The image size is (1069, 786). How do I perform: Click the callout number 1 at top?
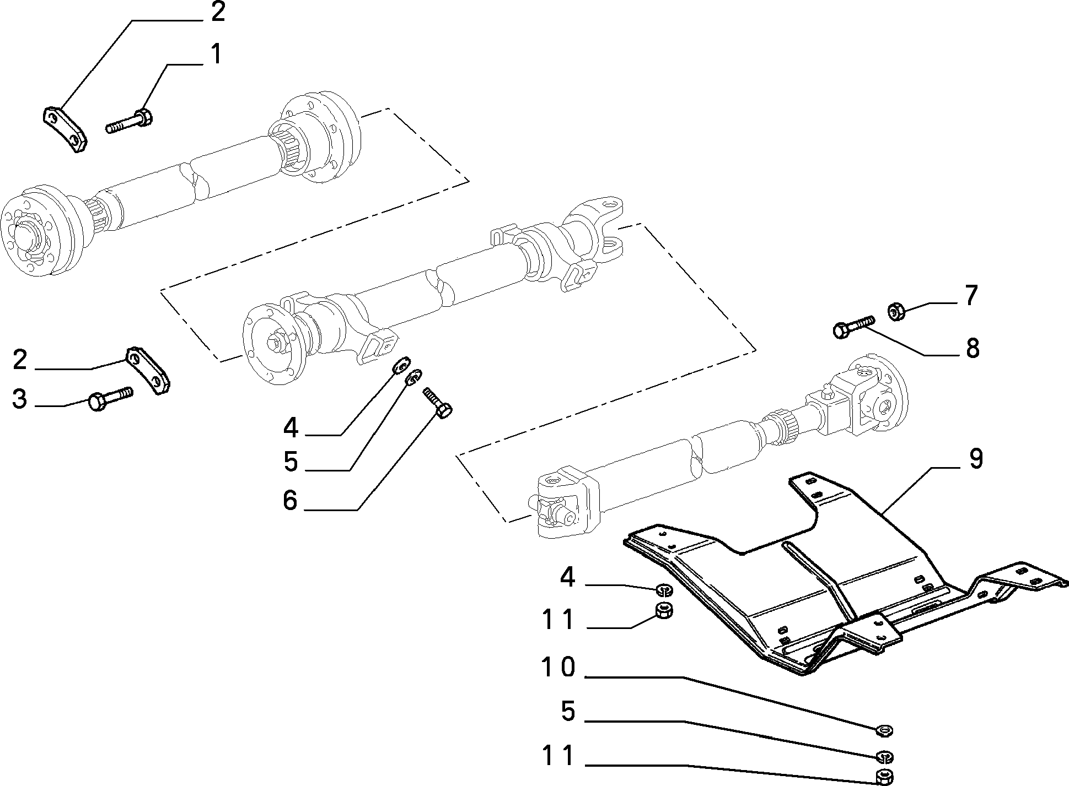click(x=216, y=55)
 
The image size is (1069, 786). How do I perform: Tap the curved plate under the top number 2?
click(x=65, y=129)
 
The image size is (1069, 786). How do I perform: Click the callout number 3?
click(x=20, y=399)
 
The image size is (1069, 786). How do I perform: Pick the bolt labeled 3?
click(x=110, y=398)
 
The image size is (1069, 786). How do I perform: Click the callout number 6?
click(x=290, y=501)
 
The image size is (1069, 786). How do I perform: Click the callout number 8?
click(x=972, y=348)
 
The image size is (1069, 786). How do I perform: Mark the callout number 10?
click(x=558, y=668)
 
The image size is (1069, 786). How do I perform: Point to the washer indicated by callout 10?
click(x=884, y=731)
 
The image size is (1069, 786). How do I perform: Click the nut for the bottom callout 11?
click(x=884, y=776)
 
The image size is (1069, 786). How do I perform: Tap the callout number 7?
click(x=971, y=296)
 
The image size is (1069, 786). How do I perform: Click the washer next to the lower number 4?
click(x=664, y=591)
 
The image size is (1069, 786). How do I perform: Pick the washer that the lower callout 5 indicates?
click(x=884, y=756)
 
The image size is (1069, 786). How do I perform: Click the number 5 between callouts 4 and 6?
click(x=291, y=461)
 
